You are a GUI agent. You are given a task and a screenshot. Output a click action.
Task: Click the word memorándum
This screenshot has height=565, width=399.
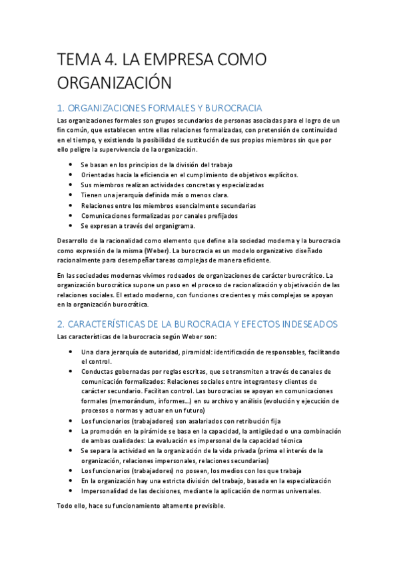pos(131,401)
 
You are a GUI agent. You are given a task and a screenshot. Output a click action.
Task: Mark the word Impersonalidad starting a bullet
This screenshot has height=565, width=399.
pos(106,490)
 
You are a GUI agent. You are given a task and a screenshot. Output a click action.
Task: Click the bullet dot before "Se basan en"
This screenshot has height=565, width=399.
pos(71,164)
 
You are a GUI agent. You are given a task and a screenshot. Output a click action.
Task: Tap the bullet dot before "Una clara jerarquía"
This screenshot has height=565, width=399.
pos(71,351)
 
